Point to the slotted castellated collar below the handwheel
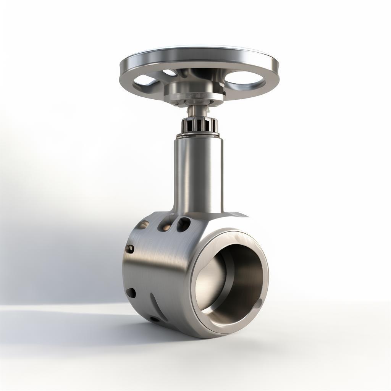tap(199, 124)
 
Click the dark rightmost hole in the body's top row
tap(183, 224)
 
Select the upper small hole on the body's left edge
tap(130, 249)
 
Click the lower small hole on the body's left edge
tap(131, 292)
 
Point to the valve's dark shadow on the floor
tap(76, 325)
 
